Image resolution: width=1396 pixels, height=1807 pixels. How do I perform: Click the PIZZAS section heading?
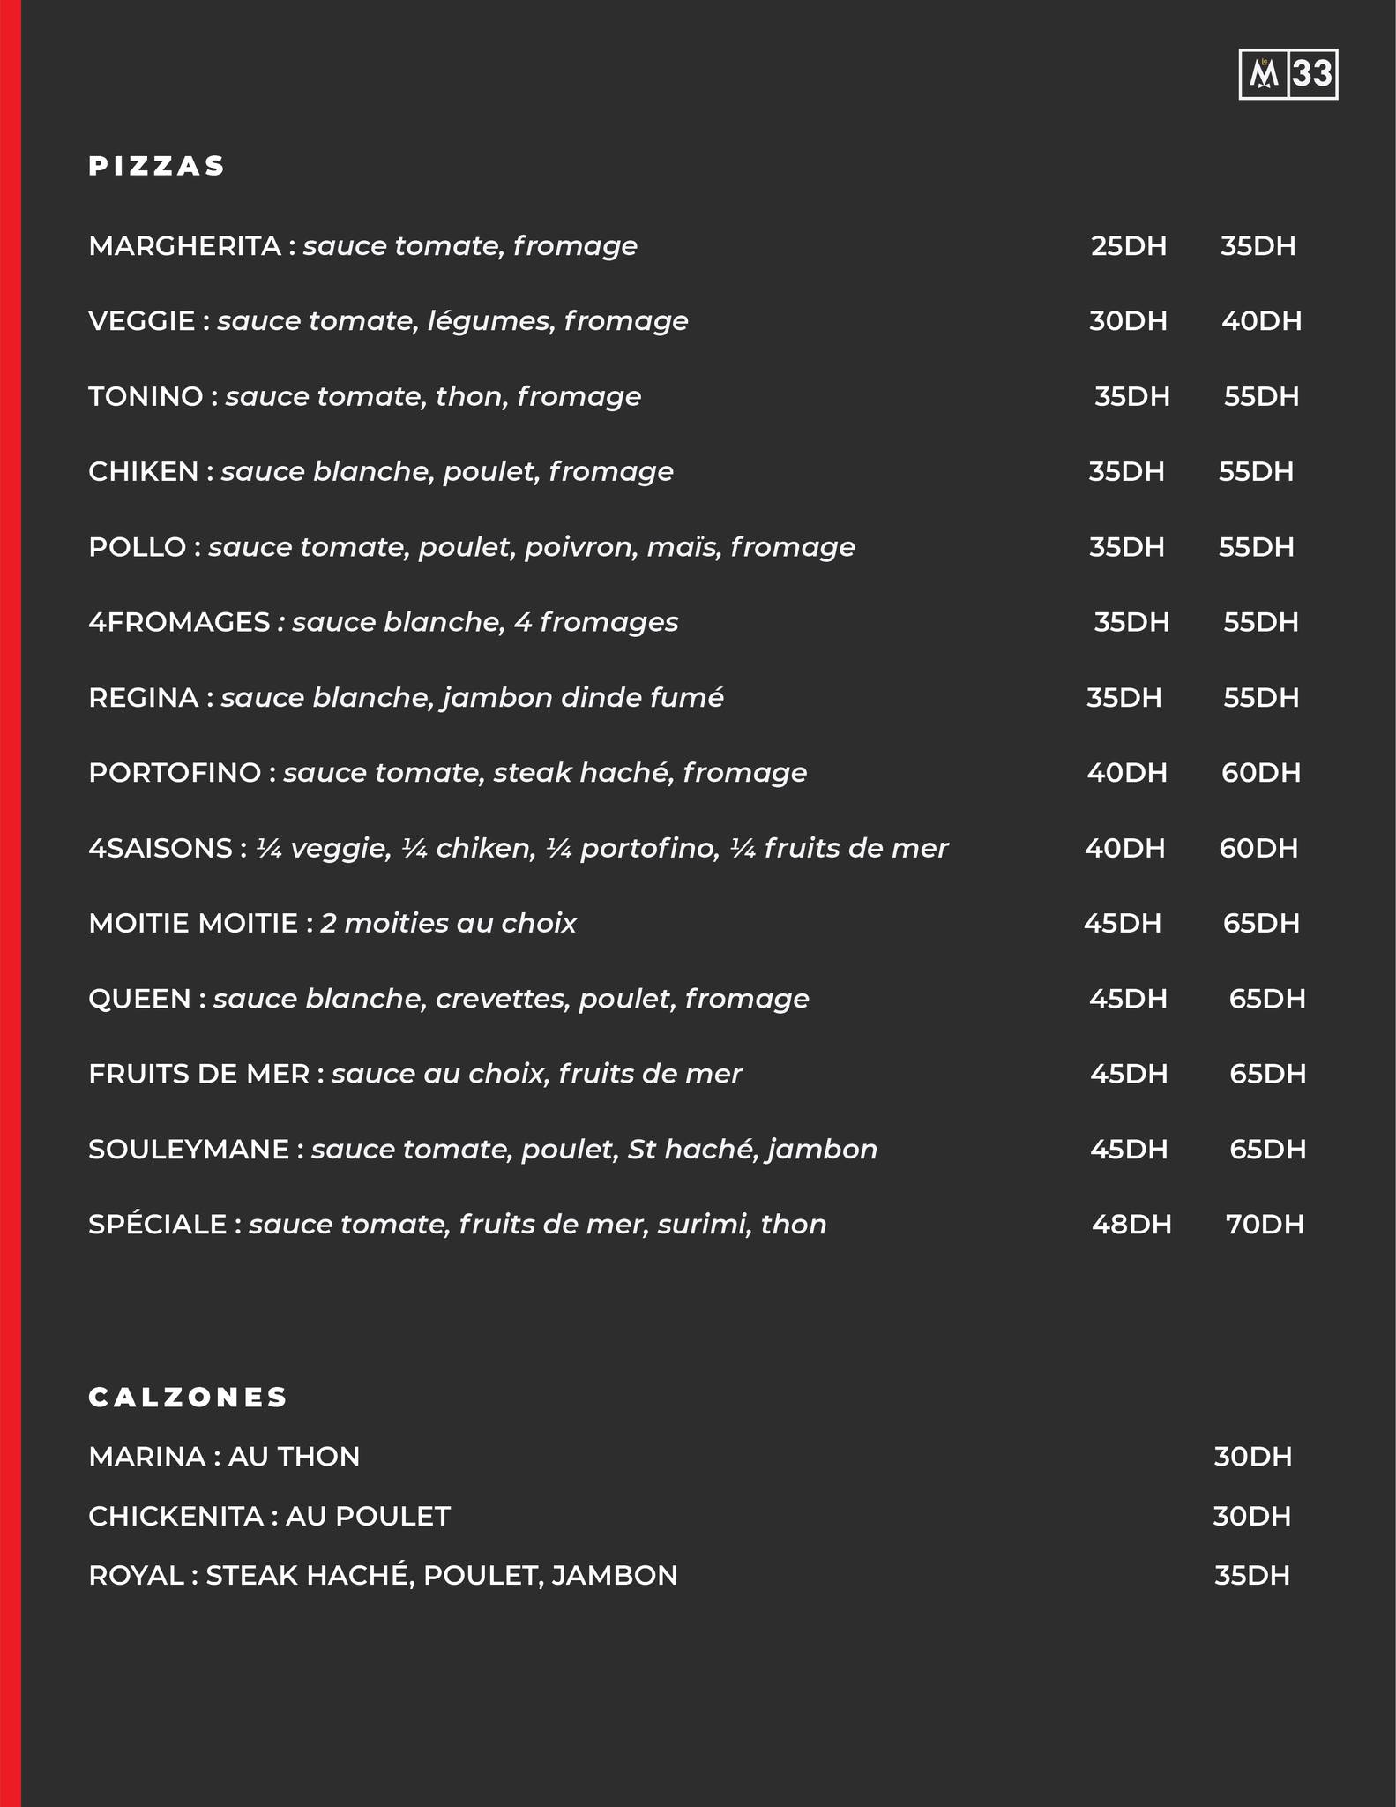(157, 166)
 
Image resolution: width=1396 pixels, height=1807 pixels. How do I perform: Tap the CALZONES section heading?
(188, 1397)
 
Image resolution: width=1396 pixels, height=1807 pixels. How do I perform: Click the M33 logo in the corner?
(1288, 74)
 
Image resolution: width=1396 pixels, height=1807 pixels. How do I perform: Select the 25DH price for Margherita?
(1128, 246)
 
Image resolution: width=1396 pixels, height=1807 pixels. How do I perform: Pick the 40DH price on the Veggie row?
(1261, 321)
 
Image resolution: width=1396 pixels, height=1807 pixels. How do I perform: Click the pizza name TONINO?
(146, 397)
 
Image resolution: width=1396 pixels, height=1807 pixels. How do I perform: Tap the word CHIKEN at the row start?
(143, 472)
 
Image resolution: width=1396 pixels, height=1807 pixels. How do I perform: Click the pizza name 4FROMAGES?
(179, 623)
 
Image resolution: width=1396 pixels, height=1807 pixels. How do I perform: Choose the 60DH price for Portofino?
(1260, 773)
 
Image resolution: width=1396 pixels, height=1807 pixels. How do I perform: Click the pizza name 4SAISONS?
(160, 849)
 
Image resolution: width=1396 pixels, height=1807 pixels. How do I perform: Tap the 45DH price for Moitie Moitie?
(1122, 924)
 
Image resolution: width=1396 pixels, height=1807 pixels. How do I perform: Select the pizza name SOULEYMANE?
(188, 1150)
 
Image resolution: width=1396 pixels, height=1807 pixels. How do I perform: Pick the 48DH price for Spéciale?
(1131, 1225)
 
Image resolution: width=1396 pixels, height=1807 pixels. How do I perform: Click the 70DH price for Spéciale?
(1264, 1225)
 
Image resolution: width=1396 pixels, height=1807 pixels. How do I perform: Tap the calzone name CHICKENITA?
(175, 1516)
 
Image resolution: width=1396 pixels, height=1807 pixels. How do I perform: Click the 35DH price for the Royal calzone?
(1251, 1575)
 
